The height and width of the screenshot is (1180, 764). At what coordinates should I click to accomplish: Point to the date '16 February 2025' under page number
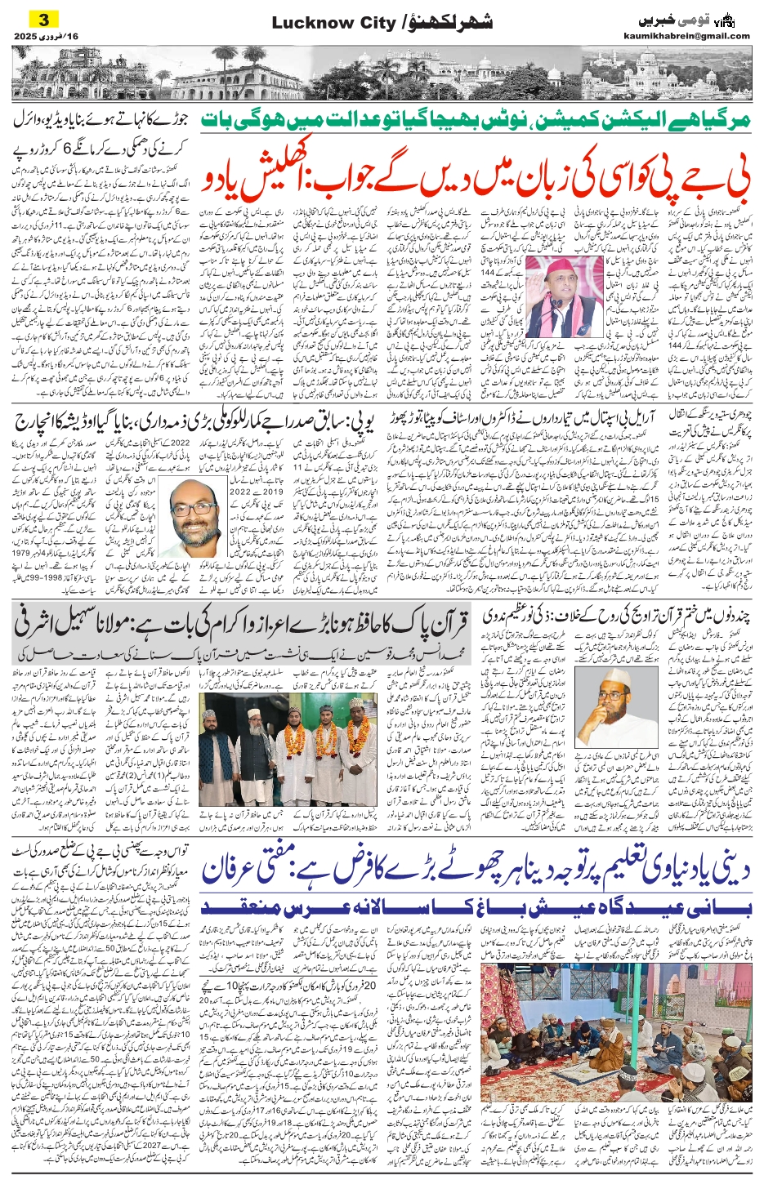pyautogui.click(x=45, y=37)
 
